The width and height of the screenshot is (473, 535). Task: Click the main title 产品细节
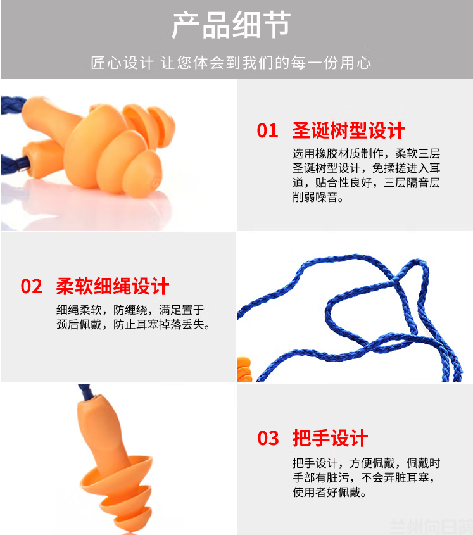click(x=230, y=25)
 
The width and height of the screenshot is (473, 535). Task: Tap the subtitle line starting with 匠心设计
click(x=230, y=63)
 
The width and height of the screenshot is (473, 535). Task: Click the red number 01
click(x=268, y=130)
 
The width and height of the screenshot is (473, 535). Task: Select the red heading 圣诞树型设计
click(x=348, y=130)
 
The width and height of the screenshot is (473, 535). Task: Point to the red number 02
click(x=32, y=286)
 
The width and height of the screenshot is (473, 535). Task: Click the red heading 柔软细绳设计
click(x=112, y=286)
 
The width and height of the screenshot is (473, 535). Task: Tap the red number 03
click(x=268, y=438)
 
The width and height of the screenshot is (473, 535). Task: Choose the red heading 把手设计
click(x=330, y=438)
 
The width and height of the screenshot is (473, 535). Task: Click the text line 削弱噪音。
click(x=318, y=197)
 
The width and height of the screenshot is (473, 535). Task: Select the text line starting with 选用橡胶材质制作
click(x=366, y=154)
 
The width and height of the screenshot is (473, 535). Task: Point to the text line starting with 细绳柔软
click(x=130, y=310)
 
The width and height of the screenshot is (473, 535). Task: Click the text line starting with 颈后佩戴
click(x=133, y=324)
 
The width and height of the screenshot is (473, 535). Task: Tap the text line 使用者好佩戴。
click(x=329, y=492)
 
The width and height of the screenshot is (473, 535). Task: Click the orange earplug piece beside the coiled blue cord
click(x=244, y=369)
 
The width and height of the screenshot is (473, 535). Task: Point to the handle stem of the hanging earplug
click(x=102, y=430)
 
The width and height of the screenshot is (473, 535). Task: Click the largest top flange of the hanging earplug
click(x=116, y=475)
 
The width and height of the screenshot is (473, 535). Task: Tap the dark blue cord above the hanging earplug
click(x=84, y=391)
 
